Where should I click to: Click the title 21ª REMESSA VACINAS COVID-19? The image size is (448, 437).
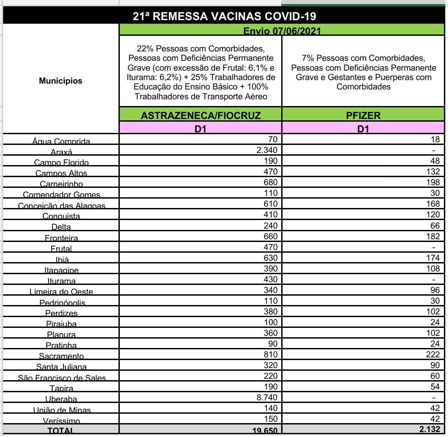tap(225, 16)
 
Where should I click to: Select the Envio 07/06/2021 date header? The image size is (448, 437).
tap(282, 31)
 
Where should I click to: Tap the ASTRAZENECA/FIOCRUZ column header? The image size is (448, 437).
tap(200, 115)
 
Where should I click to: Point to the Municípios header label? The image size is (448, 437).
tap(60, 81)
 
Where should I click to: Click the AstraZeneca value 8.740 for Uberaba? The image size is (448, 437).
tap(267, 397)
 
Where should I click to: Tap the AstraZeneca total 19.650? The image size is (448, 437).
tap(264, 431)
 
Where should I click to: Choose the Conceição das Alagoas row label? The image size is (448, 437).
tap(61, 206)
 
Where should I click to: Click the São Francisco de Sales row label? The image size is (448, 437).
tap(62, 378)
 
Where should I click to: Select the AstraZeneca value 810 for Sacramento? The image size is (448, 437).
tap(270, 354)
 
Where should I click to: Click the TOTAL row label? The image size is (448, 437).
tap(61, 431)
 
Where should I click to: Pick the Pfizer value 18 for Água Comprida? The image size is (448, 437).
tap(435, 140)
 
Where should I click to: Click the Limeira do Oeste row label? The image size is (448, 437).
tap(61, 292)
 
